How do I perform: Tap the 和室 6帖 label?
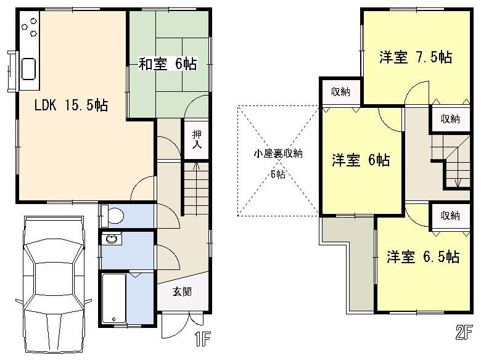point(167,63)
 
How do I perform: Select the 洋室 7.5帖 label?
point(416,57)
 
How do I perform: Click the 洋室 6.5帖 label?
point(423,256)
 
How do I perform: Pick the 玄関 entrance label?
point(181,290)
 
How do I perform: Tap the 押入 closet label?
point(197,139)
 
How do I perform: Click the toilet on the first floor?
point(113,215)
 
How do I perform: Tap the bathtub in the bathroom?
point(114,299)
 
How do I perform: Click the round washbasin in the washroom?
point(112,239)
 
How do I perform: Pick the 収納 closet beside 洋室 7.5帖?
point(450,119)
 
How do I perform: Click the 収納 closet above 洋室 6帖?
point(340,92)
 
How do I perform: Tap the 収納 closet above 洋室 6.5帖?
point(450,216)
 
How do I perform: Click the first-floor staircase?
point(197,188)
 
